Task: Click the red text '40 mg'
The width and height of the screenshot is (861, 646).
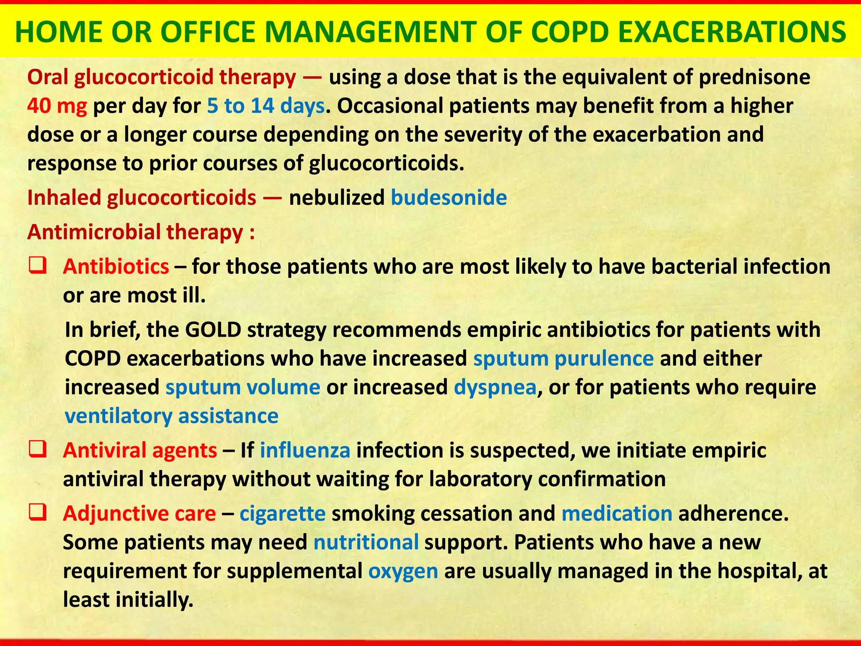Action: [57, 106]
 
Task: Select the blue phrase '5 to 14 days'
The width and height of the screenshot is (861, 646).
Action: [266, 106]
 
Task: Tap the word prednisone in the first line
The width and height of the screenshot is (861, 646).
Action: [754, 77]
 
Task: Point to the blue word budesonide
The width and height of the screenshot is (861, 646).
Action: [449, 198]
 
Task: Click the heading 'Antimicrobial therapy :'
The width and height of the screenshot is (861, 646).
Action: [141, 232]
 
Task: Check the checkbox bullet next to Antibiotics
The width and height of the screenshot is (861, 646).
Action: [37, 266]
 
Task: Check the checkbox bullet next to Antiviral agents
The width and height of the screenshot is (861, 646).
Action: [37, 450]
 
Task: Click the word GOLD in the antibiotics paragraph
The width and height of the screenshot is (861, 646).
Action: [213, 330]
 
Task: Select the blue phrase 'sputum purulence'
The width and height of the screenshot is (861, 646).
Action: [563, 359]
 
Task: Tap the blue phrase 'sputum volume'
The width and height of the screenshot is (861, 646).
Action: [243, 387]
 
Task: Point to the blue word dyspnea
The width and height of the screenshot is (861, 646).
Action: [495, 387]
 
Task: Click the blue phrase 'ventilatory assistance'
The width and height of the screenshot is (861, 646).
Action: [172, 416]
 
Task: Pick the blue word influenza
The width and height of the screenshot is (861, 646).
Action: [305, 450]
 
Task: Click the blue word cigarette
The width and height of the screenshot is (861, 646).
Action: [283, 514]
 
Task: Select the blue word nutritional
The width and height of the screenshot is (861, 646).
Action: [366, 542]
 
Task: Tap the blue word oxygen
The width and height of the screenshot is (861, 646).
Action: [403, 571]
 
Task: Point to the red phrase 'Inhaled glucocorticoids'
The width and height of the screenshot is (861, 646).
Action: [142, 198]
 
